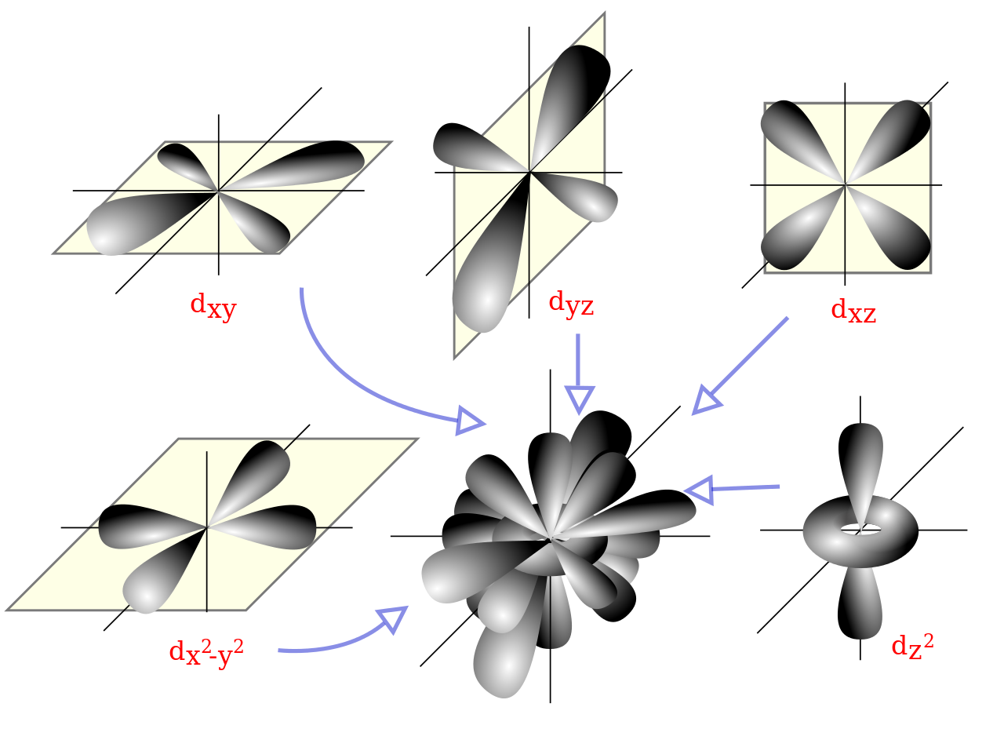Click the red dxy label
[213, 306]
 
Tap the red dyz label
[571, 304]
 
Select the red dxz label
[853, 312]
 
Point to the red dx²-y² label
[206, 652]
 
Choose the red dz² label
[912, 646]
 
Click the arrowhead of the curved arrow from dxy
[471, 421]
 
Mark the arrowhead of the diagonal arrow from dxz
[705, 401]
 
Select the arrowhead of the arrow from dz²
[699, 490]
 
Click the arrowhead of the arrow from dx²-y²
[393, 618]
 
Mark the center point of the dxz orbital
[846, 185]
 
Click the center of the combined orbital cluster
[552, 538]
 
